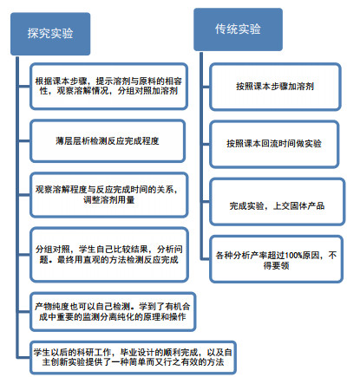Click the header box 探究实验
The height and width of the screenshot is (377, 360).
tap(50, 34)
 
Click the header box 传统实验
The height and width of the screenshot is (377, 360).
tap(238, 29)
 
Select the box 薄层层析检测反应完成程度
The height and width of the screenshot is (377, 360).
tap(108, 141)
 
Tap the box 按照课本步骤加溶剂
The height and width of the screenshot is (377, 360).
tap(275, 87)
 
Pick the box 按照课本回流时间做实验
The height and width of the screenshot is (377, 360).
tap(273, 144)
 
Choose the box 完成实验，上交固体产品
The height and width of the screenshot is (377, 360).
tap(277, 202)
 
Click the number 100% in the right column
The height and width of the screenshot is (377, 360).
tap(293, 256)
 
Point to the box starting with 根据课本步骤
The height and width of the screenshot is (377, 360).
tap(108, 86)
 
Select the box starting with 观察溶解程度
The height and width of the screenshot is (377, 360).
tap(108, 195)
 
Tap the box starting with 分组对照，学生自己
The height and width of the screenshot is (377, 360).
tap(109, 255)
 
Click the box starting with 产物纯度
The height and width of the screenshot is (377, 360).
tap(113, 311)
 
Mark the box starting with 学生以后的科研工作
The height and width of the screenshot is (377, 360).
tap(133, 357)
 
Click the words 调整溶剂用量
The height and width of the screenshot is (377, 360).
tap(109, 200)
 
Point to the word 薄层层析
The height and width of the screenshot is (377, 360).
tap(73, 141)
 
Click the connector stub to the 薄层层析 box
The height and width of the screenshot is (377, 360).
tap(24, 141)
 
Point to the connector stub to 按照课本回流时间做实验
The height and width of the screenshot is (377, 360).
tap(206, 144)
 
